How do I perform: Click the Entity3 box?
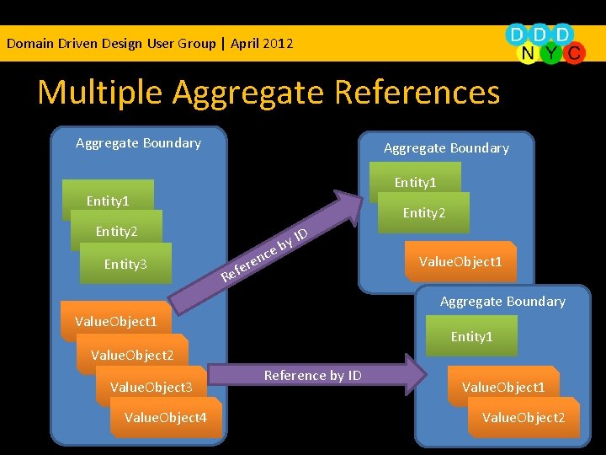point(125,265)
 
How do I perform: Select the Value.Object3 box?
point(151,387)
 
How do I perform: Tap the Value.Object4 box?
point(166,417)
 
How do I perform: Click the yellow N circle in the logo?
point(528,53)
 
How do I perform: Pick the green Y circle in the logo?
point(551,53)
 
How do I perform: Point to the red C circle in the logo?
point(574,53)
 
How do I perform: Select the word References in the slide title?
point(418,92)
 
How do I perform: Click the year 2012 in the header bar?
point(278,43)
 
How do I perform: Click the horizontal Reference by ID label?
point(312,375)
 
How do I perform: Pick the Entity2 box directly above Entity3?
point(117,232)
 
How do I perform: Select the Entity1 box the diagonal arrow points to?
point(415,183)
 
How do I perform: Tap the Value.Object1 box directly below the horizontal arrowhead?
point(503,387)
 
